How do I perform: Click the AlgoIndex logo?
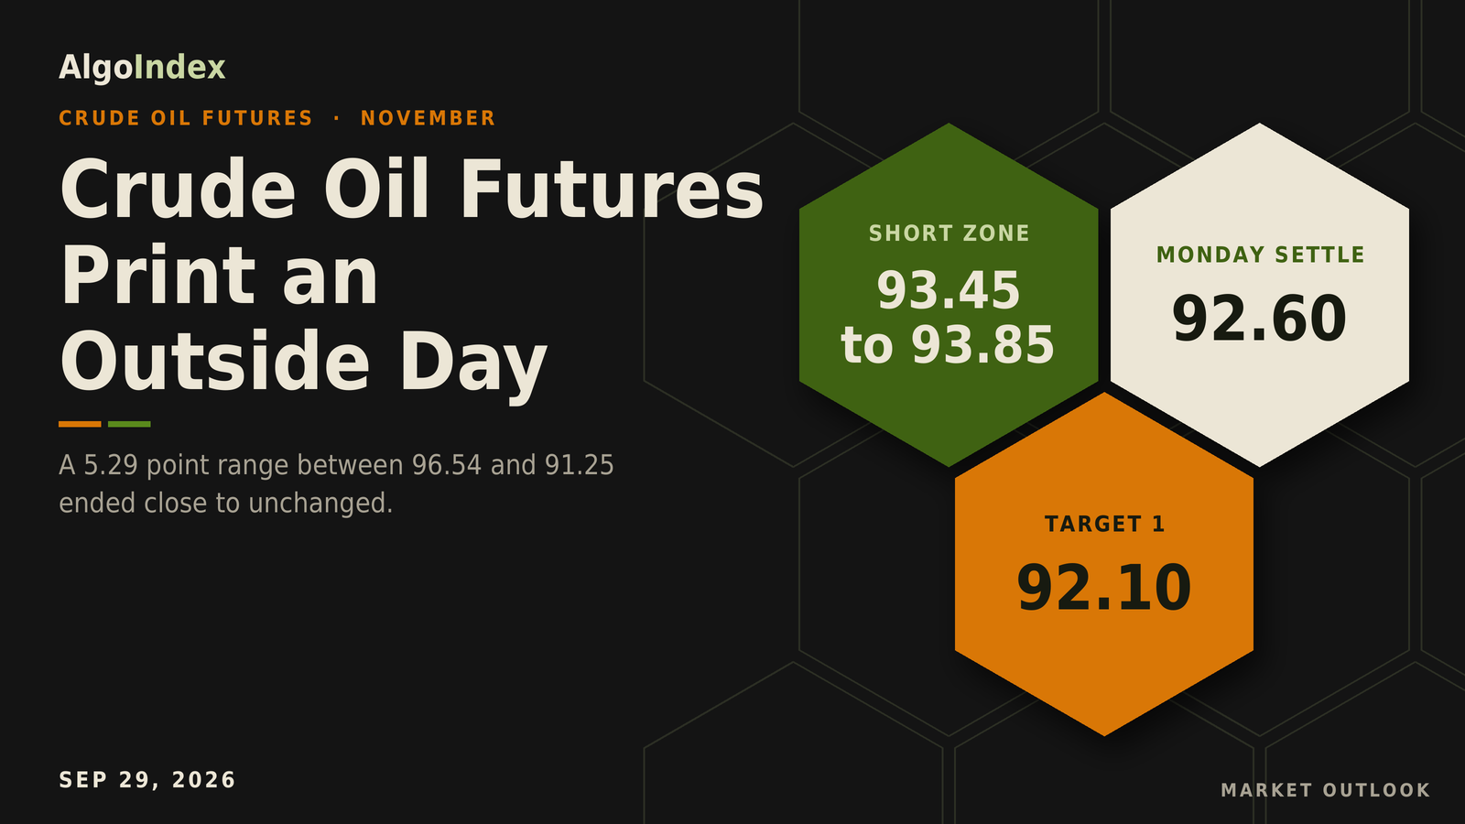click(x=142, y=68)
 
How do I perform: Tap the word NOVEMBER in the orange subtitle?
click(x=429, y=118)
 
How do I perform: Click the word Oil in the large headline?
click(x=376, y=190)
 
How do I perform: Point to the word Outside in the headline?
click(x=215, y=361)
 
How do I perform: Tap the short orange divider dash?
click(x=80, y=425)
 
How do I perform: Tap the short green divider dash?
click(x=129, y=425)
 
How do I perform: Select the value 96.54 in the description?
click(x=447, y=466)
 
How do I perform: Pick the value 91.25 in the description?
click(x=580, y=466)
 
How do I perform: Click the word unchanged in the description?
click(x=320, y=504)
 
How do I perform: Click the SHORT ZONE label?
click(x=949, y=233)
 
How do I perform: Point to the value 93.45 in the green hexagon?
click(x=949, y=290)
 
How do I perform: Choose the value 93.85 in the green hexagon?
click(x=983, y=345)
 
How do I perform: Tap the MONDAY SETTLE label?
click(x=1260, y=255)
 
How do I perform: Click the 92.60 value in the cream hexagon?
click(x=1260, y=320)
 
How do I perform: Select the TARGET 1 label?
click(x=1104, y=525)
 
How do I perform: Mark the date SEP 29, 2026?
click(x=147, y=780)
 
